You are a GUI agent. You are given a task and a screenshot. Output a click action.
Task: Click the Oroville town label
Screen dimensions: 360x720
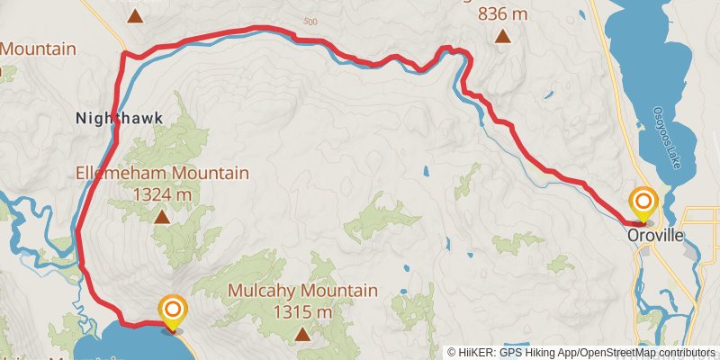(x=655, y=235)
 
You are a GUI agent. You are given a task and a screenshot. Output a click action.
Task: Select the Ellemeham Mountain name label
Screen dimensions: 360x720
(x=162, y=174)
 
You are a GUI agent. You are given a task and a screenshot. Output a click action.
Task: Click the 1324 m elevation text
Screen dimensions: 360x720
(x=162, y=193)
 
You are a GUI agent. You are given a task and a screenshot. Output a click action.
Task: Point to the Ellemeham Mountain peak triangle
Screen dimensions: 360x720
(x=162, y=216)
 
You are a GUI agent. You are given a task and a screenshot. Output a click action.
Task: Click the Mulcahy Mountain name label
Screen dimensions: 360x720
(x=301, y=291)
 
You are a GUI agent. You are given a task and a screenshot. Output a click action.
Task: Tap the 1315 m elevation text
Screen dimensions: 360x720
(x=301, y=311)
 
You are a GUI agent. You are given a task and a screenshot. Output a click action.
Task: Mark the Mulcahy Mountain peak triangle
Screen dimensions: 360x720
(x=302, y=334)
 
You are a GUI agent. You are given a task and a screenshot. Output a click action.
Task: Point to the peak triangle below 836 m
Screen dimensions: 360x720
(x=503, y=38)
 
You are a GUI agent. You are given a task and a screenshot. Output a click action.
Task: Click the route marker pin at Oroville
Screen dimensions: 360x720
(x=643, y=203)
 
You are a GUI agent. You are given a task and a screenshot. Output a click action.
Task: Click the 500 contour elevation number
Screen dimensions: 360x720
(x=311, y=22)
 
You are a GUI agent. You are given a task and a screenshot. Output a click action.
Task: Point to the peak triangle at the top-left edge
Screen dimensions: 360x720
(x=134, y=15)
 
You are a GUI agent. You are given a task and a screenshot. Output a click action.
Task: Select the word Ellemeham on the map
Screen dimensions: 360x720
(x=120, y=174)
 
